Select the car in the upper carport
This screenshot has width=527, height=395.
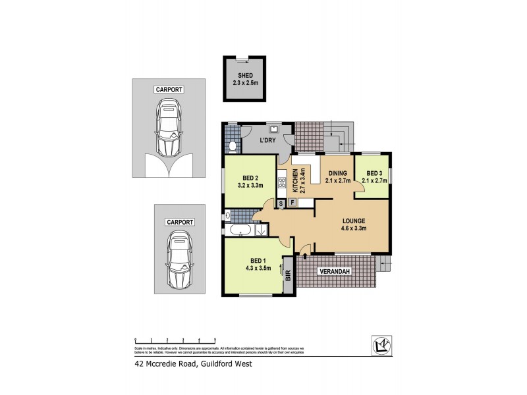[x=168, y=128]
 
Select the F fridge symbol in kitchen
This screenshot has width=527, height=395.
[x=292, y=203]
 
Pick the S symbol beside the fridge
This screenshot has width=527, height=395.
[x=281, y=203]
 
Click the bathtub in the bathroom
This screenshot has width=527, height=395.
[x=238, y=230]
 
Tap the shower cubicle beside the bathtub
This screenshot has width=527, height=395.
[x=260, y=230]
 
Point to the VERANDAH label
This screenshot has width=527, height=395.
[x=335, y=271]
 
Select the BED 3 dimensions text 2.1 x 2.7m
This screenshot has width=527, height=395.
[x=374, y=180]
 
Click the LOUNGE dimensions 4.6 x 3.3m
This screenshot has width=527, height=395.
[x=353, y=228]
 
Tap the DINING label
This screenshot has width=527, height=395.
[x=337, y=172]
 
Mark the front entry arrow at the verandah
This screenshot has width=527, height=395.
[x=304, y=249]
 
